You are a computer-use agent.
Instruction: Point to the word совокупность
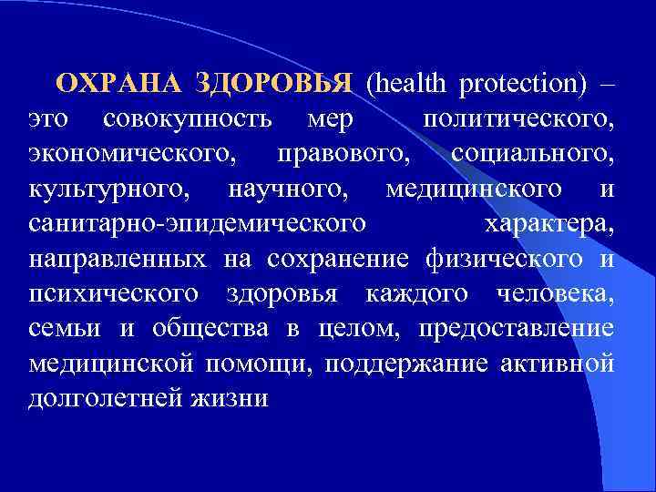187,119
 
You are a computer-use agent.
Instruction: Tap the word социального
532,154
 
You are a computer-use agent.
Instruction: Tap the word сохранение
338,259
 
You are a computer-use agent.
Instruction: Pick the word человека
556,293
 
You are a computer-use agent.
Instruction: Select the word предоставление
529,328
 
